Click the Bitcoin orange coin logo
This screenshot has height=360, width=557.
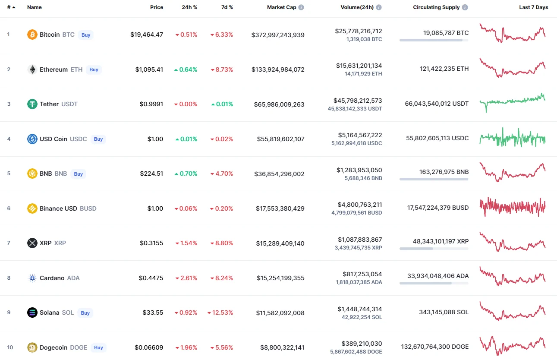pyautogui.click(x=32, y=35)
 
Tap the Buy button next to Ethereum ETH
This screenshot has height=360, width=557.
pyautogui.click(x=94, y=69)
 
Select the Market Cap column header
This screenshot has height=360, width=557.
pyautogui.click(x=281, y=7)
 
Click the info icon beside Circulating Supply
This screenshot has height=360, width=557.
pyautogui.click(x=465, y=7)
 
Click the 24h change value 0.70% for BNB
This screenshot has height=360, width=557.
pyautogui.click(x=186, y=174)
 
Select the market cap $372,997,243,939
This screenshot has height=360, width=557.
pyautogui.click(x=278, y=35)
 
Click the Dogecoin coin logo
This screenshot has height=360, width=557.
pyautogui.click(x=32, y=347)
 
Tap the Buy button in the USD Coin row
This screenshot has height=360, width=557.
pyautogui.click(x=98, y=139)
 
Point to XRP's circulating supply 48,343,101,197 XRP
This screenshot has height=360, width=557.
pyautogui.click(x=441, y=241)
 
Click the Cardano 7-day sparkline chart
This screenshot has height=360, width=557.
pyautogui.click(x=513, y=276)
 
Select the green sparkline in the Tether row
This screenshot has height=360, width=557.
pyautogui.click(x=513, y=102)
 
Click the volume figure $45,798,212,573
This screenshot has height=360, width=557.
pyautogui.click(x=358, y=101)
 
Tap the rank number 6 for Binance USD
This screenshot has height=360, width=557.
pyautogui.click(x=9, y=208)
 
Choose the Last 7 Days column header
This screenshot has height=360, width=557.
pyautogui.click(x=533, y=7)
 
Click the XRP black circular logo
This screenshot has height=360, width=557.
pyautogui.click(x=32, y=243)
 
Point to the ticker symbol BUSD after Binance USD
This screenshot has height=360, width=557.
pyautogui.click(x=88, y=208)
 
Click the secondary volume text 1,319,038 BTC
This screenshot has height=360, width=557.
pyautogui.click(x=364, y=39)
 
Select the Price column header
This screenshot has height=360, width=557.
pyautogui.click(x=157, y=7)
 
